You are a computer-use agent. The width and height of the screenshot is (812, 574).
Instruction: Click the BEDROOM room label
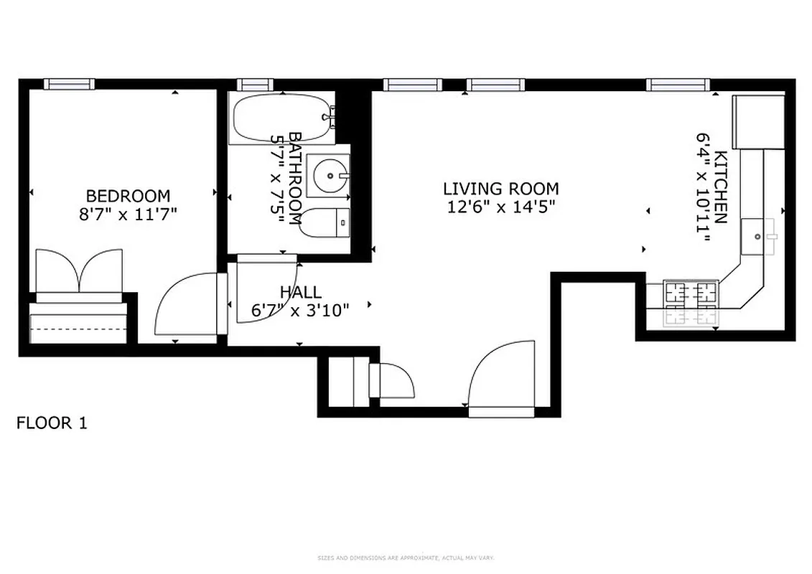[128, 196]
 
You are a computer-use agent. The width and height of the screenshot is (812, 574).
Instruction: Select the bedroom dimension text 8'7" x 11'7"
[128, 214]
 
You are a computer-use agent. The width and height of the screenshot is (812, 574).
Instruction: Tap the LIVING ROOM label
[500, 189]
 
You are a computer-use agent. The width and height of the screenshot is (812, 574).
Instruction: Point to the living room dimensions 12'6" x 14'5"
[500, 207]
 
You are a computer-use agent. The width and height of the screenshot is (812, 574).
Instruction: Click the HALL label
[300, 293]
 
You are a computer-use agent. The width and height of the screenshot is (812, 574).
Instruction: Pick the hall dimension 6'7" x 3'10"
[300, 311]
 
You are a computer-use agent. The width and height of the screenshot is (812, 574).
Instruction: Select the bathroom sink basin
[329, 174]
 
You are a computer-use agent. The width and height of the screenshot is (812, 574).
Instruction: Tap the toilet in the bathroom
[324, 222]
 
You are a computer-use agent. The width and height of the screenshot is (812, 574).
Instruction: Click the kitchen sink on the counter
[758, 235]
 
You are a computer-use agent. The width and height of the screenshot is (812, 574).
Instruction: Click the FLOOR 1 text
[52, 423]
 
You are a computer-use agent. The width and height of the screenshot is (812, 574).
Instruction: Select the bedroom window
[69, 84]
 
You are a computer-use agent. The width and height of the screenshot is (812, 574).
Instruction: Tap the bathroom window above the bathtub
[254, 84]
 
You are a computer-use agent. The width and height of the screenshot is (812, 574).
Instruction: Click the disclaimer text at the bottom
[406, 557]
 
